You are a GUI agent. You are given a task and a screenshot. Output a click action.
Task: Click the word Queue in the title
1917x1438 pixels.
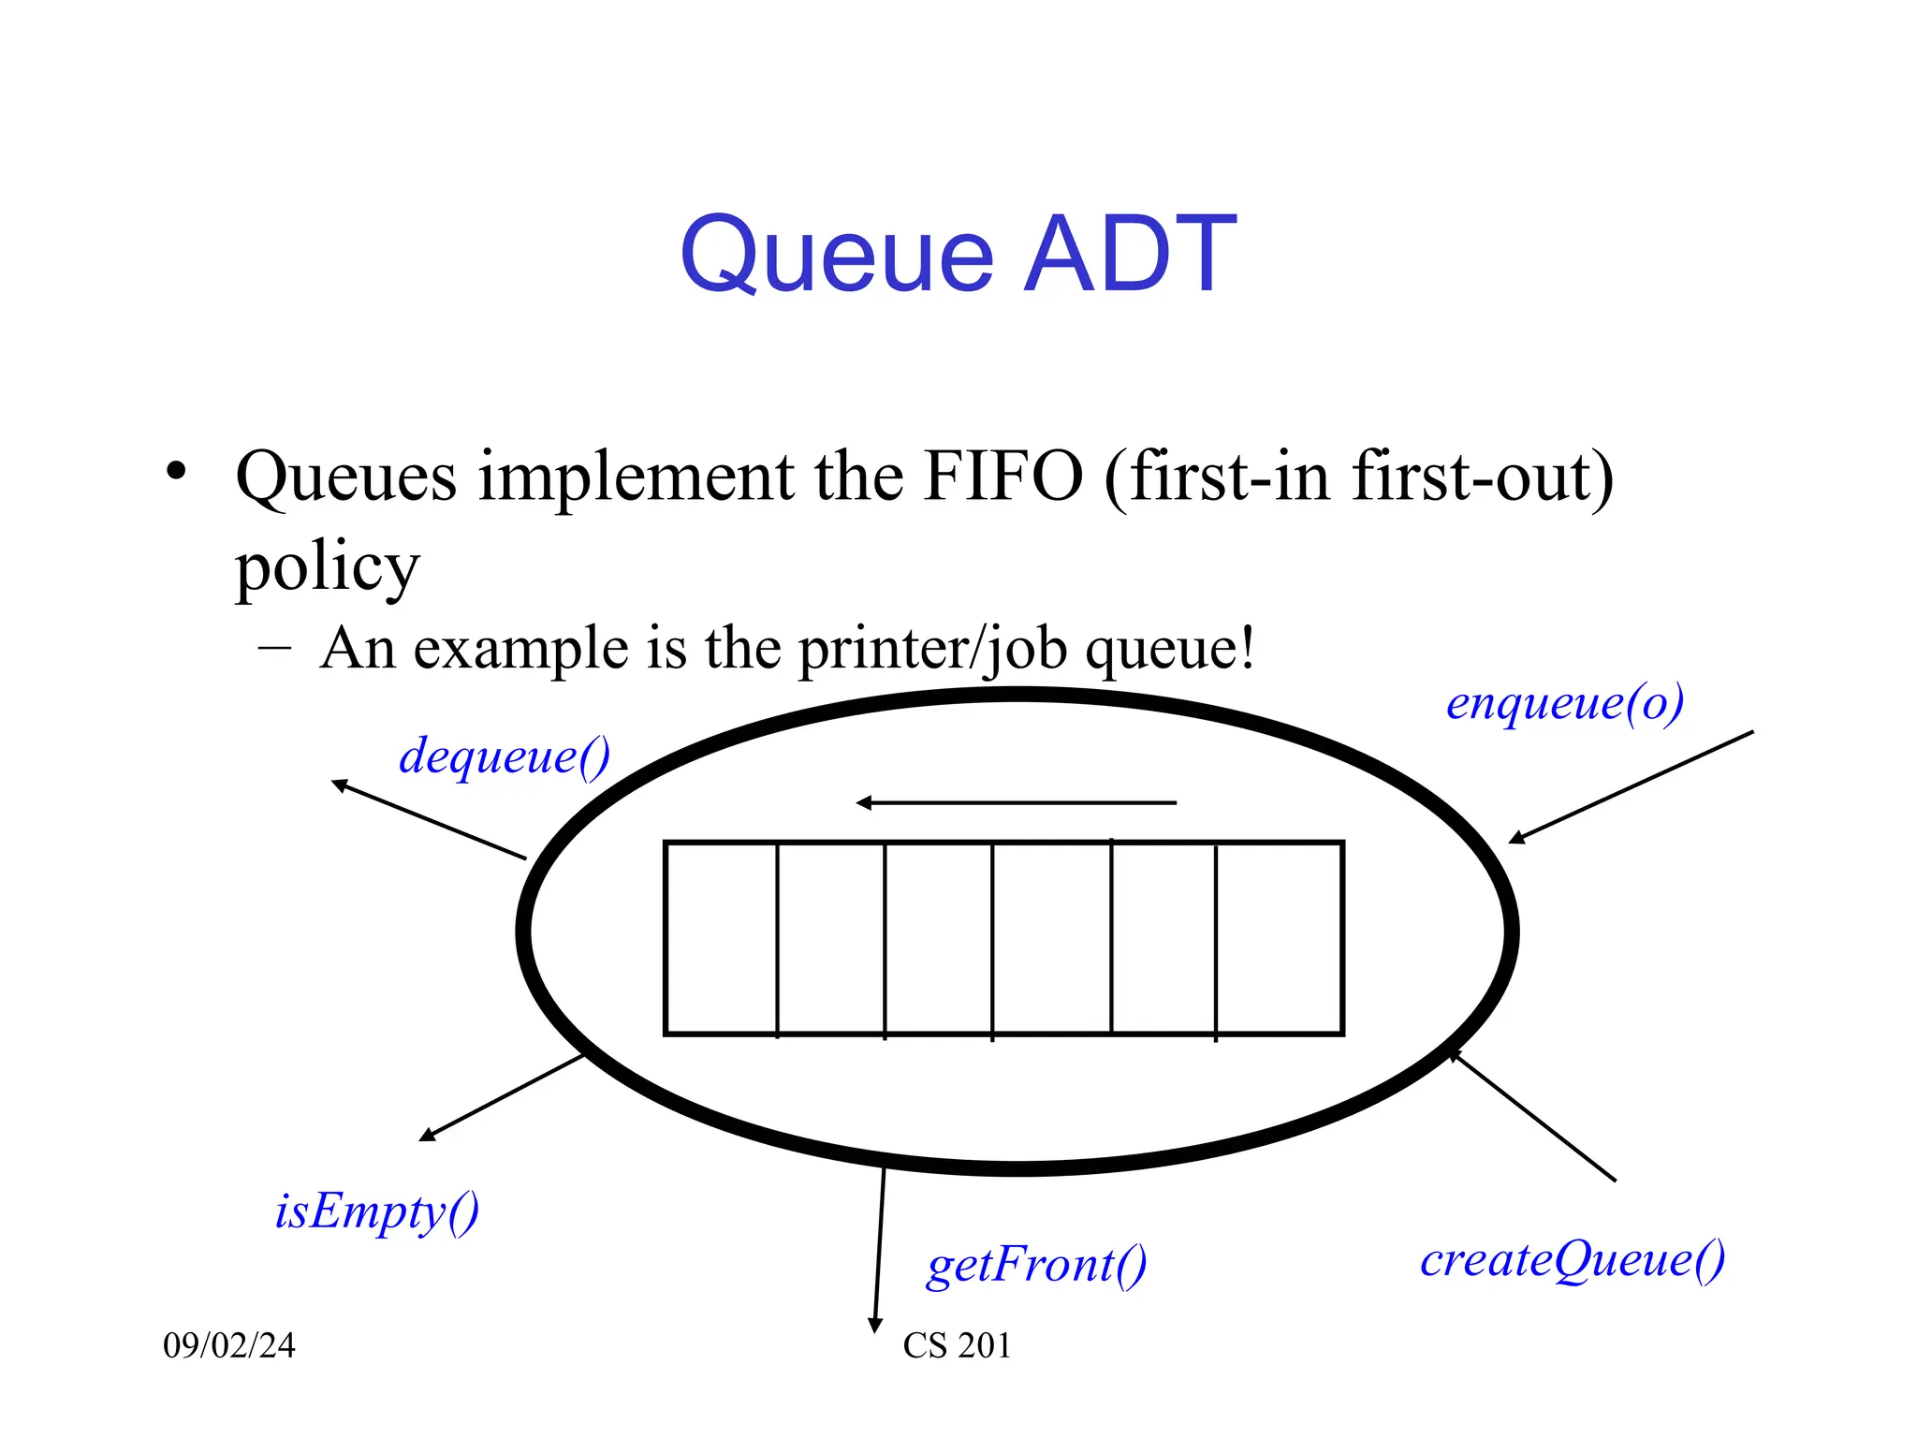[836, 255]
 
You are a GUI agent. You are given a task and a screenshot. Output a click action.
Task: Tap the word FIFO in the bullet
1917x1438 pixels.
[1002, 477]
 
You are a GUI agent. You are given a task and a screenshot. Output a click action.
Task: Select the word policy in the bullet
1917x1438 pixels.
[327, 567]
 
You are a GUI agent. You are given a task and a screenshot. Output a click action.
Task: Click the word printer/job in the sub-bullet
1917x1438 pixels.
[932, 648]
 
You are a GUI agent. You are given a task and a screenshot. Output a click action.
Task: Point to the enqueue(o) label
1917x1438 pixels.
[1564, 703]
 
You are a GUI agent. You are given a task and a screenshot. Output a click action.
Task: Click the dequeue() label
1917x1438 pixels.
[505, 756]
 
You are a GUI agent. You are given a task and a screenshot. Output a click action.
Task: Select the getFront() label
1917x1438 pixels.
[1036, 1265]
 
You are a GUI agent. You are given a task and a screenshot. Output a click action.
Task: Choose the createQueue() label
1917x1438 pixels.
[1573, 1259]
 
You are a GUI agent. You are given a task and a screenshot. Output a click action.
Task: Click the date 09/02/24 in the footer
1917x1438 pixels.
[229, 1345]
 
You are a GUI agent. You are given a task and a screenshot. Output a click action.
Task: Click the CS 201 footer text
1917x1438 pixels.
[957, 1345]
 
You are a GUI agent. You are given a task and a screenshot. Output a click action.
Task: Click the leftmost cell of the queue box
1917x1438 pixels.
[722, 938]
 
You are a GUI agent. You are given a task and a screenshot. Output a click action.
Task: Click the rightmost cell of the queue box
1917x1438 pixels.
[1279, 938]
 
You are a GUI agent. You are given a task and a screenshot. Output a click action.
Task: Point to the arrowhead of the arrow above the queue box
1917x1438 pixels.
[864, 802]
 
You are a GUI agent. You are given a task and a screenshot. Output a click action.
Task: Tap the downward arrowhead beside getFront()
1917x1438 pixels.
[875, 1325]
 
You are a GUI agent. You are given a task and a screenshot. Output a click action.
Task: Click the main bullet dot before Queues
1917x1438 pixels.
[176, 470]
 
